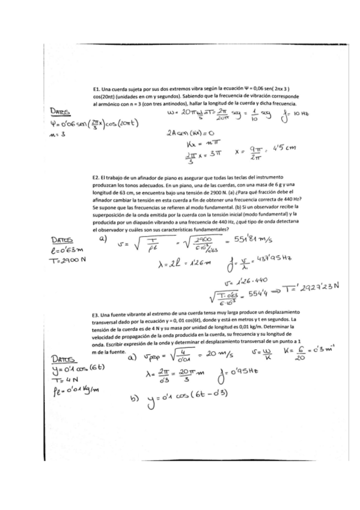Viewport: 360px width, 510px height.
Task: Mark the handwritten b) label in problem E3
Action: click(137, 401)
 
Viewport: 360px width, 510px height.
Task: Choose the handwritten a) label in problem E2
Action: click(104, 239)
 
